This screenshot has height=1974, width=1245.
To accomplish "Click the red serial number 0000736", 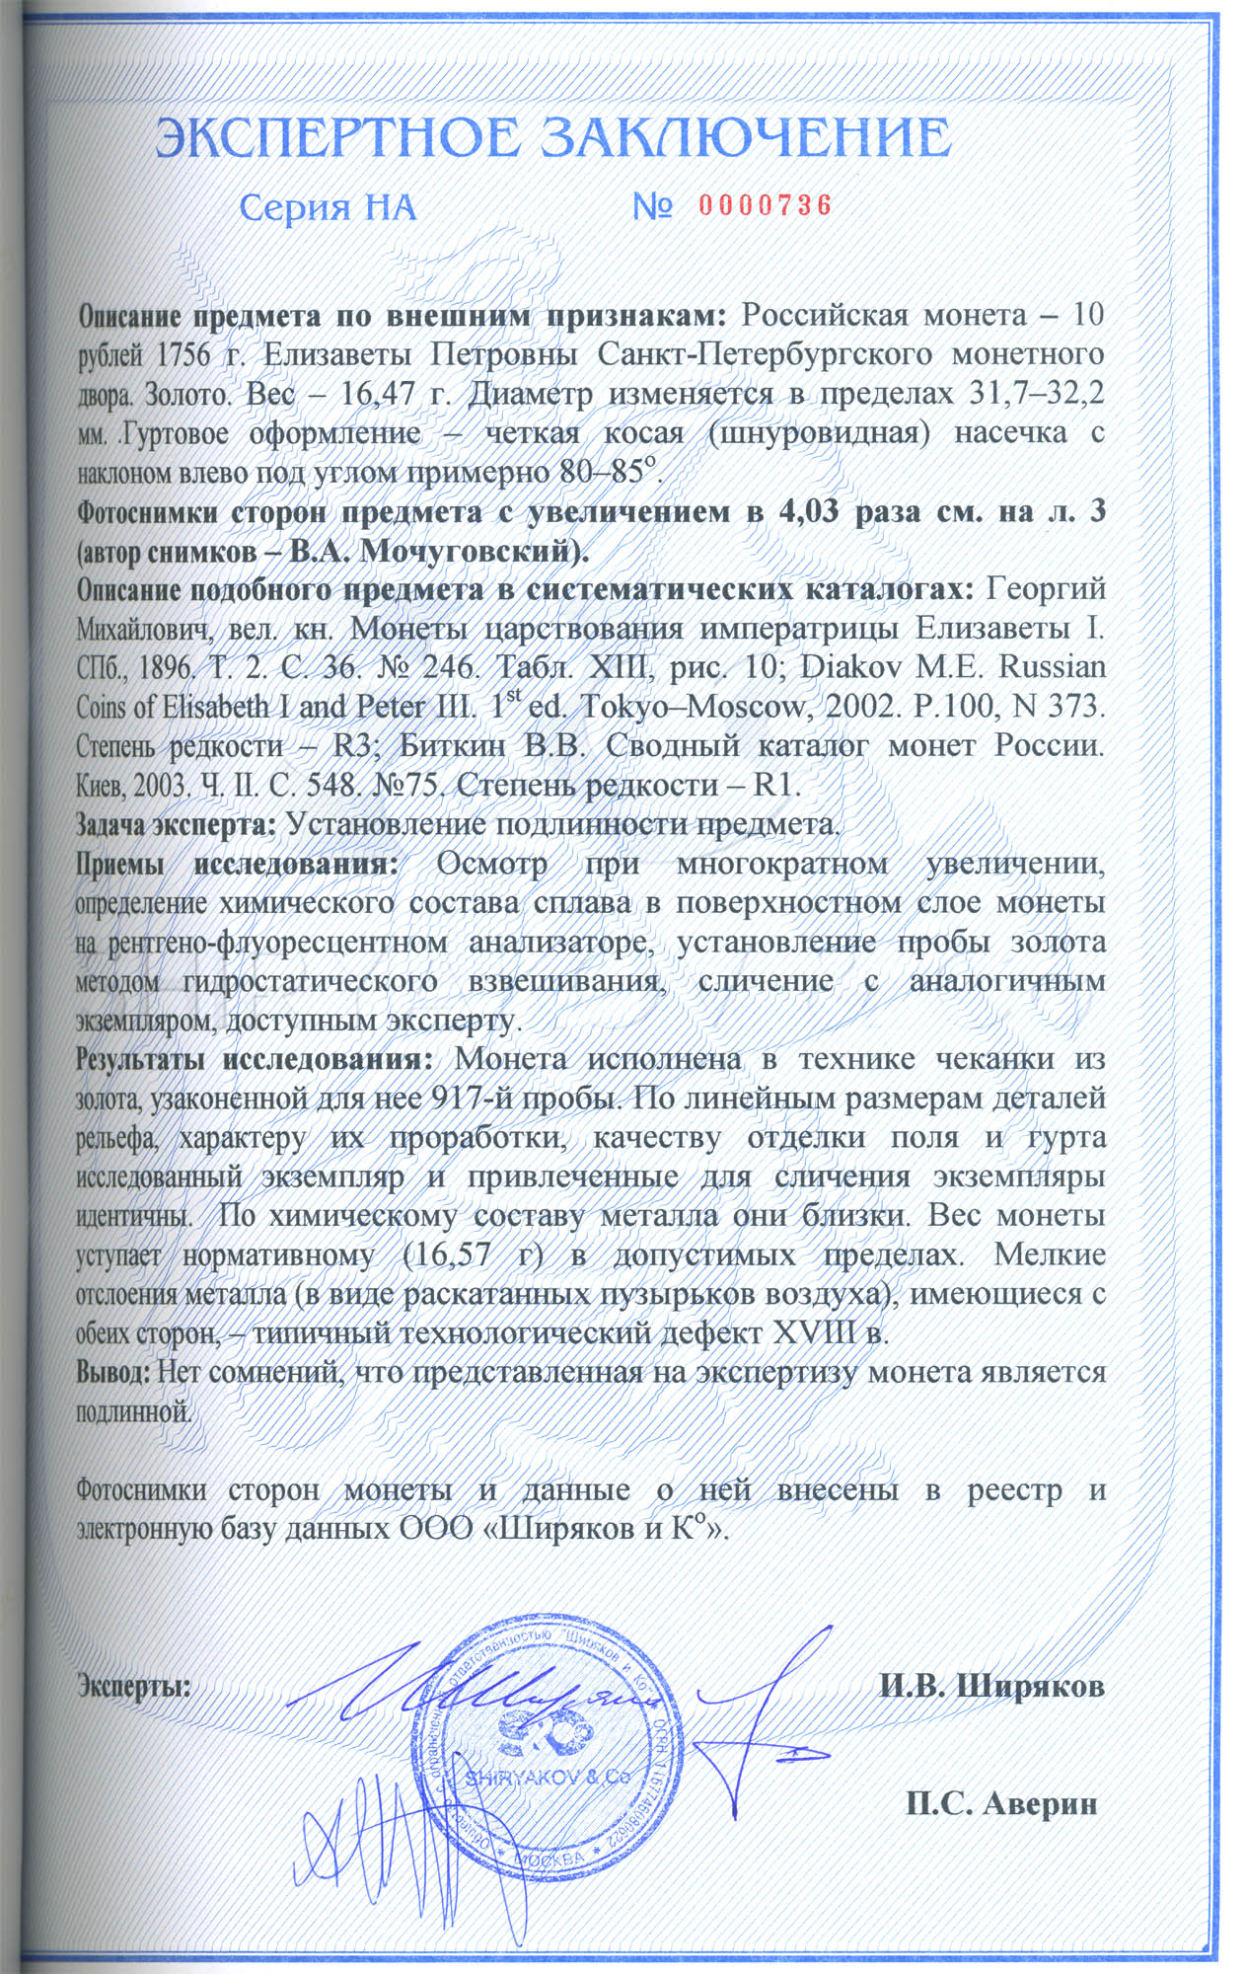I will pos(766,205).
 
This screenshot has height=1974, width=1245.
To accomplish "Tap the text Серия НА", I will pos(329,207).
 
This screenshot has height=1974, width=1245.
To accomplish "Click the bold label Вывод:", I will pos(113,1373).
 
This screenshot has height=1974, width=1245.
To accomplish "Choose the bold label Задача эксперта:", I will pos(178,824).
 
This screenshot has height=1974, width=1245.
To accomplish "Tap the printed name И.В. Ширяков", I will pos(991,1686).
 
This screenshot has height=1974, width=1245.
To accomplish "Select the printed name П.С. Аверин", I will pos(1001,1804).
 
